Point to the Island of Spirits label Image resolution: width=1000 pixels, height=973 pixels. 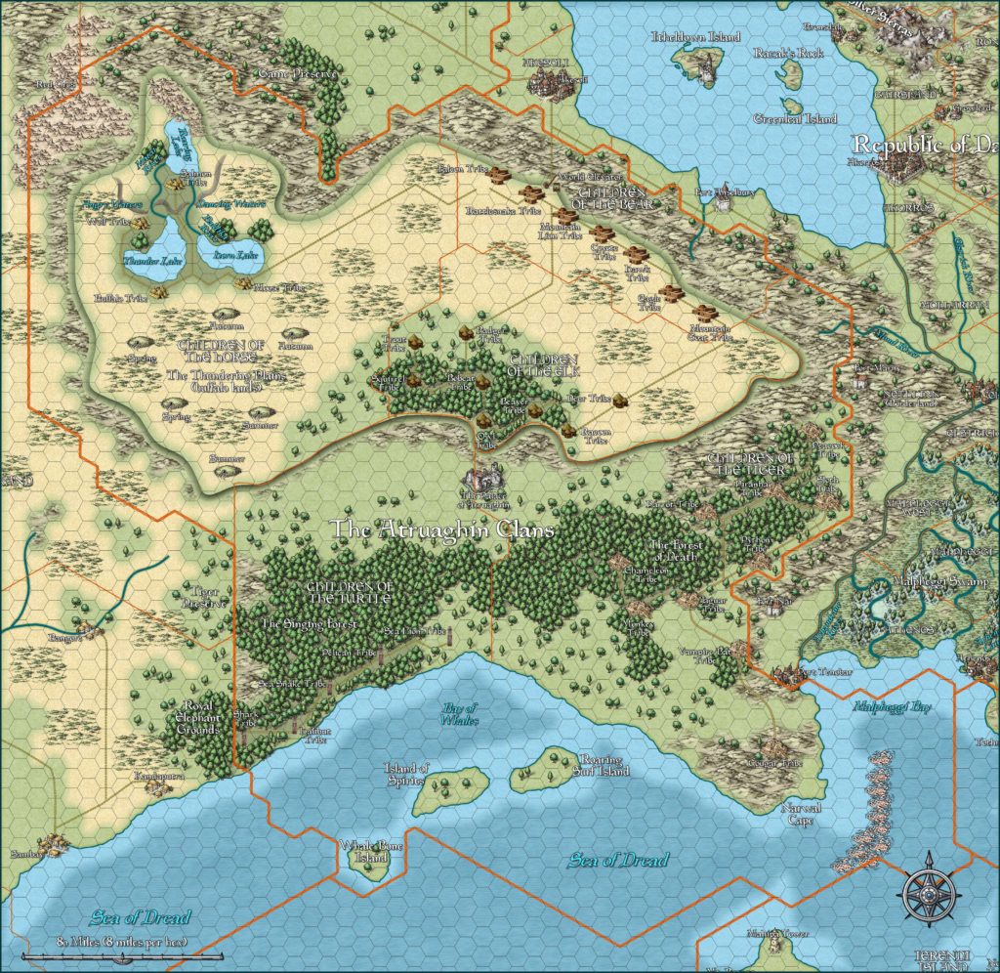tap(407, 775)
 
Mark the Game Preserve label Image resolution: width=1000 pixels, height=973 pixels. tap(298, 73)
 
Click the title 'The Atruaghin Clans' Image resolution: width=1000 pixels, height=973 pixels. tap(442, 529)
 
